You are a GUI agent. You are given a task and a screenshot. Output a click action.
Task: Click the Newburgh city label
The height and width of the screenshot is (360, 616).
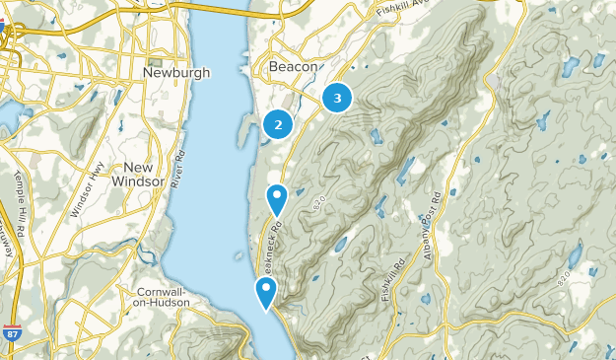coord(177,73)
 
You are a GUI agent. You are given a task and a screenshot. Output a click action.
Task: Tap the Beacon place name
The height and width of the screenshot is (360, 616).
coord(294,67)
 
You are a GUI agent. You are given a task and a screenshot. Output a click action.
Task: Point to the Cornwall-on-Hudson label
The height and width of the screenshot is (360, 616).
coord(152,297)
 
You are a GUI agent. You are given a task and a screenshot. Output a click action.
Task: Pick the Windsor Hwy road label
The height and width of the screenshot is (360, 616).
coord(88,188)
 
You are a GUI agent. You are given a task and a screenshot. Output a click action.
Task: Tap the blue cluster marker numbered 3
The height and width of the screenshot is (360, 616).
coord(338,98)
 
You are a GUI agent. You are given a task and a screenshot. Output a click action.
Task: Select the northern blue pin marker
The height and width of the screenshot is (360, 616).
coord(278,198)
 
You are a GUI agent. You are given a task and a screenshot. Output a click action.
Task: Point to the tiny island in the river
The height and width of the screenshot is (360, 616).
coord(239,257)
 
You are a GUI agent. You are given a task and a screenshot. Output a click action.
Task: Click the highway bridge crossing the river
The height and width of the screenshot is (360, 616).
coord(212,12)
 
